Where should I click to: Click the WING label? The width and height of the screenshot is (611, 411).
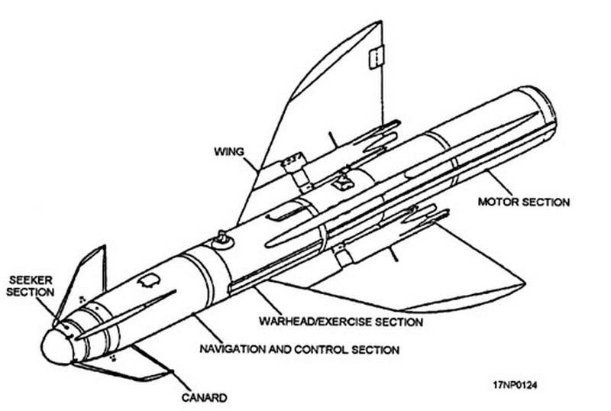228,152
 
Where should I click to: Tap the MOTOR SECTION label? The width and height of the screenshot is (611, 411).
524,202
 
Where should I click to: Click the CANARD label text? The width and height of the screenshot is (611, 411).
205,396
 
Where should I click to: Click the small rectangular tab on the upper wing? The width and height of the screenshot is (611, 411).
373,57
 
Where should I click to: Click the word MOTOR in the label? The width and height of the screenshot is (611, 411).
496,202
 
